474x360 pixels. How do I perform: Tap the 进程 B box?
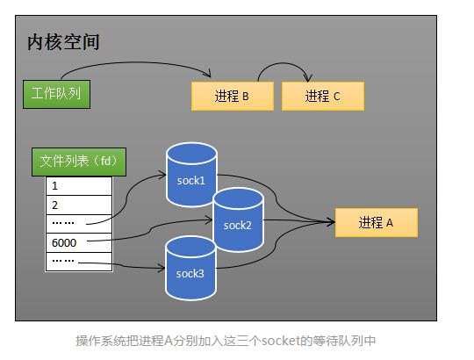pyautogui.click(x=232, y=97)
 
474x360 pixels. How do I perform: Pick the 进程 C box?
pyautogui.click(x=322, y=97)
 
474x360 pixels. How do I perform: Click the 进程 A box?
pyautogui.click(x=376, y=223)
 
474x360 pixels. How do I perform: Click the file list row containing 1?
pyautogui.click(x=79, y=186)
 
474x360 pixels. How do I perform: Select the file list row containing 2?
pyautogui.click(x=79, y=205)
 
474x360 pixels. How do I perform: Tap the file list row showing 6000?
pyautogui.click(x=79, y=241)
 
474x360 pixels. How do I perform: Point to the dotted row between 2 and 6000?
pyautogui.click(x=79, y=223)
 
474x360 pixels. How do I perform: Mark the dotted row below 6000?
pyautogui.click(x=79, y=261)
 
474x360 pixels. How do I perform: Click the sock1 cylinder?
pyautogui.click(x=190, y=167)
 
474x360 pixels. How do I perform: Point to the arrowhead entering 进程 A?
pyautogui.click(x=331, y=222)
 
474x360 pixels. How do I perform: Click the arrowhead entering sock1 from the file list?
pyautogui.click(x=162, y=176)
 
